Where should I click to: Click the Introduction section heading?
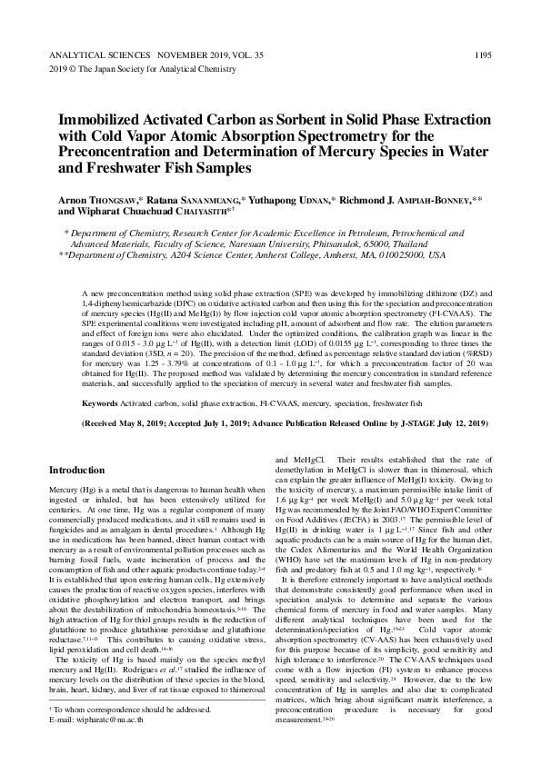pos(76,471)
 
